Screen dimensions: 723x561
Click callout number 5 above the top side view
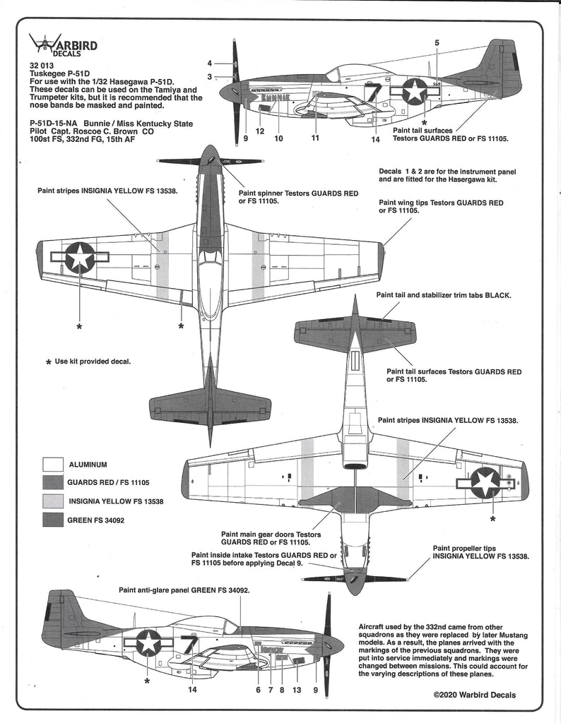pyautogui.click(x=437, y=43)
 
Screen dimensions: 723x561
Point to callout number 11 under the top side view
pyautogui.click(x=314, y=138)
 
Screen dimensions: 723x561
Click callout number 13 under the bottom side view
pyautogui.click(x=296, y=690)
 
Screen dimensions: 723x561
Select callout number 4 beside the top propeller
pyautogui.click(x=210, y=63)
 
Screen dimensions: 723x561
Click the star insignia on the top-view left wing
pyautogui.click(x=80, y=257)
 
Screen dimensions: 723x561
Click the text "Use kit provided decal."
pyautogui.click(x=93, y=361)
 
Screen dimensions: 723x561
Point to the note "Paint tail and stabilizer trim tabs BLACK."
pyautogui.click(x=444, y=294)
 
